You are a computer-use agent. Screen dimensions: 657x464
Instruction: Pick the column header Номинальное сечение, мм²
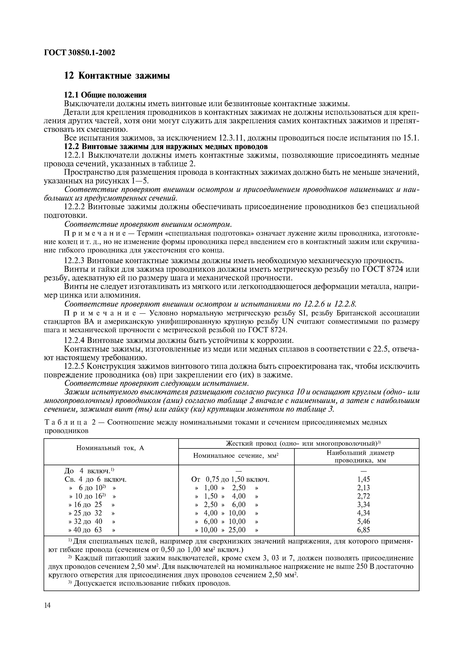pos(236,455)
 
